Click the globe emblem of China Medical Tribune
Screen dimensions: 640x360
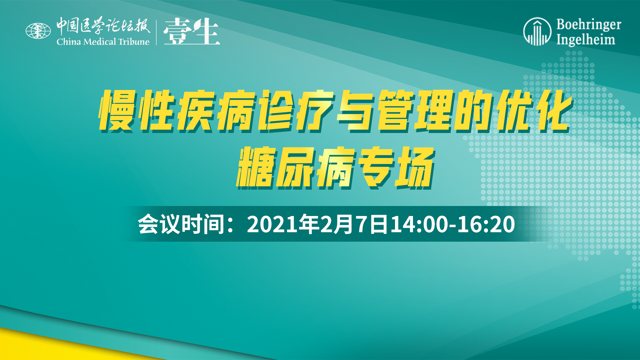click(38, 31)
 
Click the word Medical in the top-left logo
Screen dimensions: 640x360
click(100, 42)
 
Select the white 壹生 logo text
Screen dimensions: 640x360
click(192, 31)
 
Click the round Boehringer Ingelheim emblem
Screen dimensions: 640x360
click(537, 31)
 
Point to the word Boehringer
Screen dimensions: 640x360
click(589, 24)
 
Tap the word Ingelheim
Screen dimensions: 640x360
click(586, 40)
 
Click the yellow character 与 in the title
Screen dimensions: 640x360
click(355, 110)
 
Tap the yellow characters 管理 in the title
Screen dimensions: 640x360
click(415, 110)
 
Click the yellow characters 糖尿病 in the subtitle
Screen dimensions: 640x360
click(295, 168)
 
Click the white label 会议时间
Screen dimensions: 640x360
click(181, 224)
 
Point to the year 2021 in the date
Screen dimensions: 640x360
click(272, 224)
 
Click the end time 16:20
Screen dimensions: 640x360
click(486, 224)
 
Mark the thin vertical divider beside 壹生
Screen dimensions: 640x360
click(156, 32)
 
